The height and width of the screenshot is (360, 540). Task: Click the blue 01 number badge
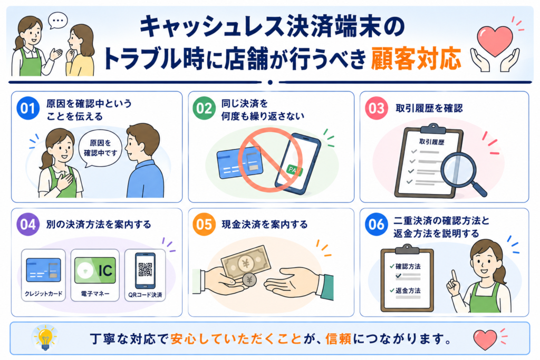pyautogui.click(x=27, y=109)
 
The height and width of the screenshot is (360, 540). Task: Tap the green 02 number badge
pyautogui.click(x=204, y=109)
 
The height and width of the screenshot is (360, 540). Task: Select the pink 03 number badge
pyautogui.click(x=377, y=109)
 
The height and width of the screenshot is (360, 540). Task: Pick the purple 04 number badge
pyautogui.click(x=27, y=225)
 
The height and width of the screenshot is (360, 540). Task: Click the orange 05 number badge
pyautogui.click(x=204, y=225)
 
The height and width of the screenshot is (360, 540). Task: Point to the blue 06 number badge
pyautogui.click(x=377, y=225)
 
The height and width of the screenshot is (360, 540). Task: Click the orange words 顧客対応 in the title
pyautogui.click(x=416, y=59)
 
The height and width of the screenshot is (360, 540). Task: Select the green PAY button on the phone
pyautogui.click(x=294, y=170)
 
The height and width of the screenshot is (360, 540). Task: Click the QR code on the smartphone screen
pyautogui.click(x=145, y=269)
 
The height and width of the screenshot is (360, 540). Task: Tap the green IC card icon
pyautogui.click(x=95, y=270)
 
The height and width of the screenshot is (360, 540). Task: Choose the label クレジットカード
pyautogui.click(x=43, y=294)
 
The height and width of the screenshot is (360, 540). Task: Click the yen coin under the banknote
pyautogui.click(x=249, y=280)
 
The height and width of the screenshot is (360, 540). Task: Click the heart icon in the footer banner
pyautogui.click(x=485, y=339)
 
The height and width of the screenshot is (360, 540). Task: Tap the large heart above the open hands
pyautogui.click(x=495, y=41)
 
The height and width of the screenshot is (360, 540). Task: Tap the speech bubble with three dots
pyautogui.click(x=58, y=21)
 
